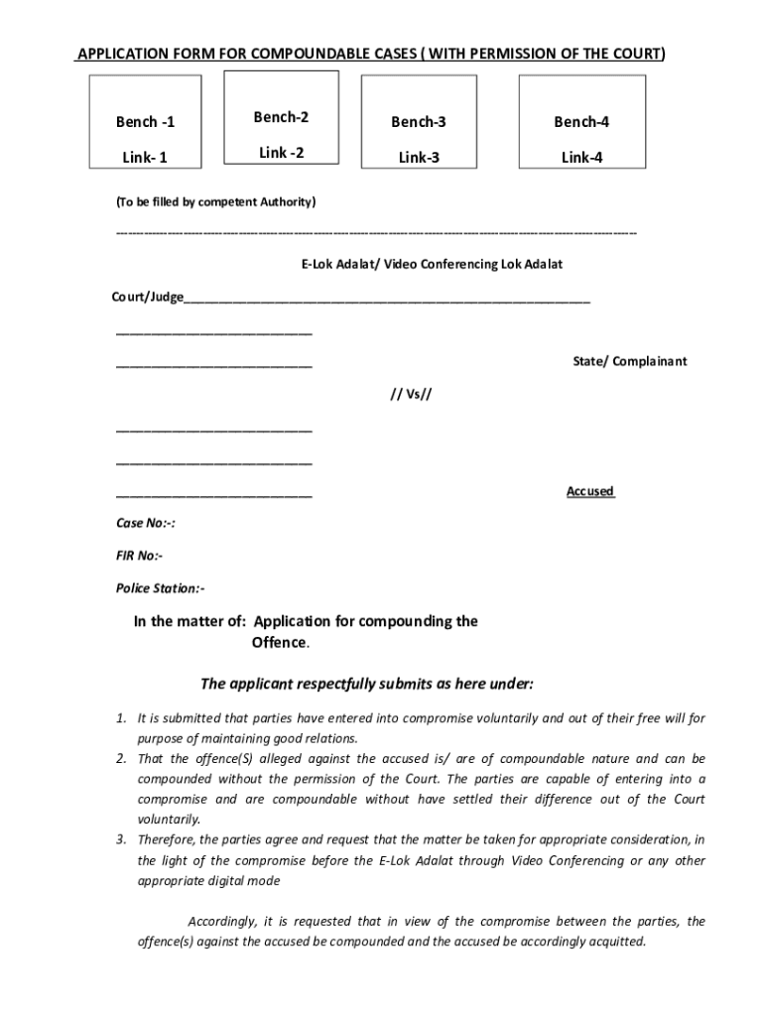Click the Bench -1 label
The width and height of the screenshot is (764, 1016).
click(145, 122)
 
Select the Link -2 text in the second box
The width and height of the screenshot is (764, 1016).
click(281, 152)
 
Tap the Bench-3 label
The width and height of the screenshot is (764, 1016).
click(418, 122)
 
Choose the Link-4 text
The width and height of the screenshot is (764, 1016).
click(581, 157)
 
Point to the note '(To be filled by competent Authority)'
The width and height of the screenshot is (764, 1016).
click(215, 202)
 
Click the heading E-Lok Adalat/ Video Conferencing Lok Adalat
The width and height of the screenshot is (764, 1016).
click(418, 265)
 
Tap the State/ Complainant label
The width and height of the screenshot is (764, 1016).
click(629, 361)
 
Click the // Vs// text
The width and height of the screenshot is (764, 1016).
click(411, 394)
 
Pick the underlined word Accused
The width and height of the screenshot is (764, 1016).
click(590, 491)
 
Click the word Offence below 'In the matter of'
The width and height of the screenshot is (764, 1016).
click(279, 642)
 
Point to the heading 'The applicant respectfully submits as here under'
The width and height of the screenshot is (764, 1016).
click(367, 684)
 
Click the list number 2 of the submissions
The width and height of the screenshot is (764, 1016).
click(120, 759)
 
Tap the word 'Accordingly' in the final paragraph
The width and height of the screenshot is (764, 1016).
click(224, 921)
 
